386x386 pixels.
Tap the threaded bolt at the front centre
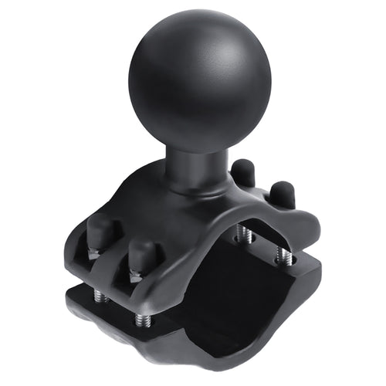[x=141, y=318]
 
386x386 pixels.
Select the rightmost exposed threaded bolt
[x=286, y=256]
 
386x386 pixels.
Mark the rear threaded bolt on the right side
[x=245, y=232]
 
